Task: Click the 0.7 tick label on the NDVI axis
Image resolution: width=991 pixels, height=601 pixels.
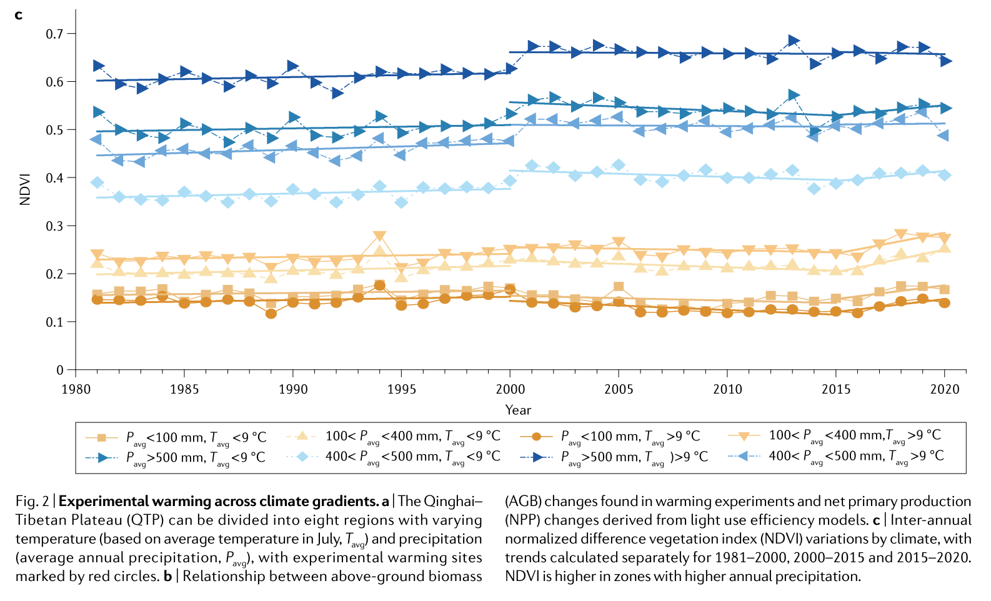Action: (54, 34)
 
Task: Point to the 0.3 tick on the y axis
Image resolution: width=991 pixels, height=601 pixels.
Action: (54, 226)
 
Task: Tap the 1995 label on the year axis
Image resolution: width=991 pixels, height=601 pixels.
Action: (401, 389)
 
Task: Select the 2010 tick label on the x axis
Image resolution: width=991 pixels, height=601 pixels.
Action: (727, 389)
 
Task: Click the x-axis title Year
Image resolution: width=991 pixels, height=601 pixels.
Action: (518, 410)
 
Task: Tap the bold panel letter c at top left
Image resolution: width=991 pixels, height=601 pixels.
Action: (19, 14)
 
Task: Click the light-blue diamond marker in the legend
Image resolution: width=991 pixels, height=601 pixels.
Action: (302, 457)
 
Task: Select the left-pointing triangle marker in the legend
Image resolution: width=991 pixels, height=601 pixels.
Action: (744, 457)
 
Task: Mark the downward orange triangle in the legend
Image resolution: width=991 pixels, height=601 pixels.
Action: (744, 435)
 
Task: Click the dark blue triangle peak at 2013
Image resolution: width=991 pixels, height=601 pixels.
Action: (794, 41)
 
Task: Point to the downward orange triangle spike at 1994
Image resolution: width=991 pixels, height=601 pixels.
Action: (379, 236)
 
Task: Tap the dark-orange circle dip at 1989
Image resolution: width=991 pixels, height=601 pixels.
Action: (271, 313)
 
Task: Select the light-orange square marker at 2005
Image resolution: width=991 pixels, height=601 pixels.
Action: (619, 287)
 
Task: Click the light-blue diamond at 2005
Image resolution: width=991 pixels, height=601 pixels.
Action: (619, 166)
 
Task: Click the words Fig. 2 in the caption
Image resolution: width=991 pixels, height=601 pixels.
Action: (32, 502)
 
